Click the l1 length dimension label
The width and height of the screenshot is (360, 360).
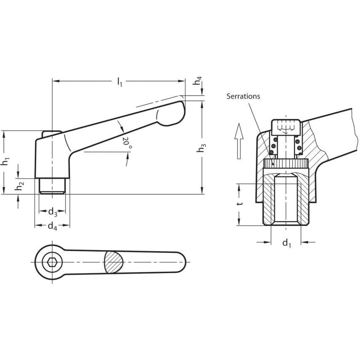119,82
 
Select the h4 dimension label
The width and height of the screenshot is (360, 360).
197,81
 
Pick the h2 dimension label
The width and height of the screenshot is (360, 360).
19,185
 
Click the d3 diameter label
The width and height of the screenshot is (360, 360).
53,212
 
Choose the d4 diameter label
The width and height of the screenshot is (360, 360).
52,227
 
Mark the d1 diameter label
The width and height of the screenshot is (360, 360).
287,243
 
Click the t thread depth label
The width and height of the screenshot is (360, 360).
240,204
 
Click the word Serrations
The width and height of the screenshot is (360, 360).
243,96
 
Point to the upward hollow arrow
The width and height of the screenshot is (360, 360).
239,141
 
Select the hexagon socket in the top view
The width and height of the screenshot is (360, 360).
52,262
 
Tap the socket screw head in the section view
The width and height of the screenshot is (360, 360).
286,127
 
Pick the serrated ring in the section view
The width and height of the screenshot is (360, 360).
286,164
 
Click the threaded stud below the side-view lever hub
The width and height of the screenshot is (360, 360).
52,186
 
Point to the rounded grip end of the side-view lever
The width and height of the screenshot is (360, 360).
172,113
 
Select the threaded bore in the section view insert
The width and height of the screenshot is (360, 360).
286,200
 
